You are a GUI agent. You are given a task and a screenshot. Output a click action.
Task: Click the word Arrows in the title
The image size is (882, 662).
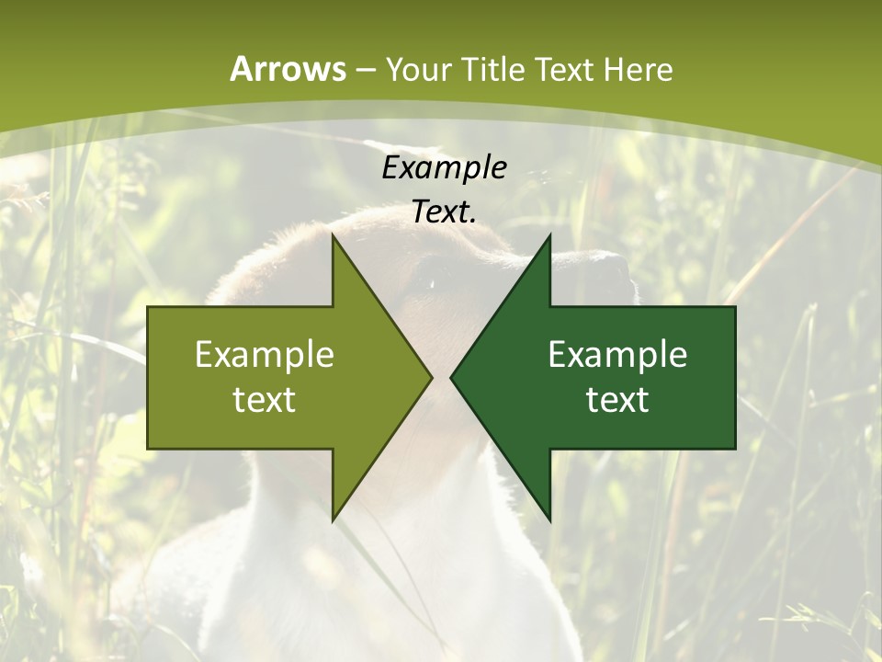(288, 69)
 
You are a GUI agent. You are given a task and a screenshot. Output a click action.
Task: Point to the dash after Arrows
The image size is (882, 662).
(365, 71)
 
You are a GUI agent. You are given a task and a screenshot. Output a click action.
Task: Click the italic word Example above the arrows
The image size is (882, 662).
(444, 167)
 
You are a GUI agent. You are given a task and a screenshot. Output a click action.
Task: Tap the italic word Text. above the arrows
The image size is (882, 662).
(444, 212)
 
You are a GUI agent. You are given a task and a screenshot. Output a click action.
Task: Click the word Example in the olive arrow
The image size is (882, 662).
(265, 354)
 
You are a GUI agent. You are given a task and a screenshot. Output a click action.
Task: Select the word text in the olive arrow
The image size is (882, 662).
(265, 399)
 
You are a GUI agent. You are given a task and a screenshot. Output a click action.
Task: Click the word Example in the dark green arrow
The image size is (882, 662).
(617, 354)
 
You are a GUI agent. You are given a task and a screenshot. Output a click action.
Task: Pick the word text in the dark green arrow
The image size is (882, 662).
(617, 399)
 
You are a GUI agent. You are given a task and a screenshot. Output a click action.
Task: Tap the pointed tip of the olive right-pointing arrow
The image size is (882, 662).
(431, 377)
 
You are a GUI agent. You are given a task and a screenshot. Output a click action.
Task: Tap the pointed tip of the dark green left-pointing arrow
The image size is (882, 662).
(451, 377)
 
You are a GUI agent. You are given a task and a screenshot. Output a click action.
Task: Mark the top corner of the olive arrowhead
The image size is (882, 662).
(333, 234)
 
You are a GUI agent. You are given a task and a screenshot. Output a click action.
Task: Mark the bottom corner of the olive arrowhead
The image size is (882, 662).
(333, 520)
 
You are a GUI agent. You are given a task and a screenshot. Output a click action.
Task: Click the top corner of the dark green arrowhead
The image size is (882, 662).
(549, 234)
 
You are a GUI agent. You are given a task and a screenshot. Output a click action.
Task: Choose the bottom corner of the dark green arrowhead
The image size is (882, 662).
(549, 520)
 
